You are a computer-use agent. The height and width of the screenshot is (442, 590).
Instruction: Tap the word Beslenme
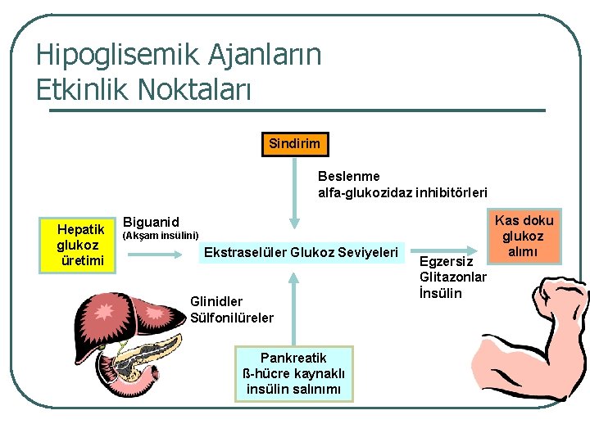click(348, 176)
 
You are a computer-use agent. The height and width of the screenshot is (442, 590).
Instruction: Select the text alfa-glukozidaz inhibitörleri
click(402, 192)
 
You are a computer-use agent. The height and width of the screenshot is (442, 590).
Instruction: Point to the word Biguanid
click(150, 222)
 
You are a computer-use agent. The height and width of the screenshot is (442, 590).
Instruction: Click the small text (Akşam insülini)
click(160, 236)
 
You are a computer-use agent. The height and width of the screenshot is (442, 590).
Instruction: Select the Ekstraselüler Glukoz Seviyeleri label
click(302, 251)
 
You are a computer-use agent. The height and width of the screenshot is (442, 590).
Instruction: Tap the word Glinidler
click(216, 301)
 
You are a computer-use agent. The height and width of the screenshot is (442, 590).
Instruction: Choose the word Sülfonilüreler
click(232, 318)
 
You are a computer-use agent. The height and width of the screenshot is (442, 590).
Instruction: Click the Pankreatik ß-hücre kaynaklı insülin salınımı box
click(293, 373)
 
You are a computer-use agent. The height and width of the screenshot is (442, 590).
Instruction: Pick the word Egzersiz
click(447, 262)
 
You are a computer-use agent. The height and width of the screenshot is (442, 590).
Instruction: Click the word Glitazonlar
click(453, 277)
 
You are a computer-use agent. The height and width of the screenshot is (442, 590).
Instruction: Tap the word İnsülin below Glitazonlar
click(441, 293)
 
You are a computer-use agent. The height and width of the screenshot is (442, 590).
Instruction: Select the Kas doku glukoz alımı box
click(524, 236)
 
